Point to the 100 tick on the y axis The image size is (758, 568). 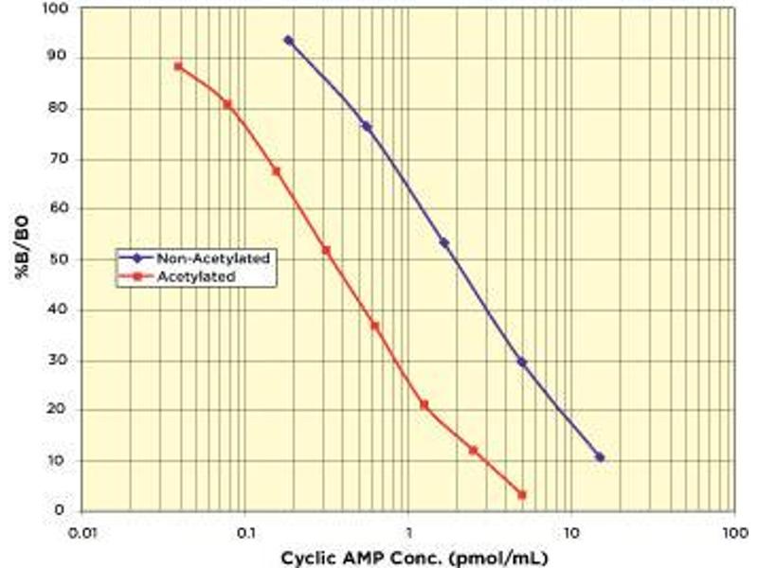60,9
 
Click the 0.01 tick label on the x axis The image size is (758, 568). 83,533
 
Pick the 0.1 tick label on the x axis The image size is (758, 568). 244,533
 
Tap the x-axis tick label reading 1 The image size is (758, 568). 408,533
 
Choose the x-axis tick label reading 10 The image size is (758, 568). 570,533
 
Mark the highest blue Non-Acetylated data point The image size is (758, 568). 288,41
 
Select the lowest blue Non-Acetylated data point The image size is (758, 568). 599,457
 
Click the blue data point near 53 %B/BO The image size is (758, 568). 443,243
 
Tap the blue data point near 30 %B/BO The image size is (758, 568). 522,362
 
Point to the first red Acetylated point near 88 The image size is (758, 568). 178,66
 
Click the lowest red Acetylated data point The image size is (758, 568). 522,494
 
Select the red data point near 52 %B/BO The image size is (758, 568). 326,250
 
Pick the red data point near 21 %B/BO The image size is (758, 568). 424,404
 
